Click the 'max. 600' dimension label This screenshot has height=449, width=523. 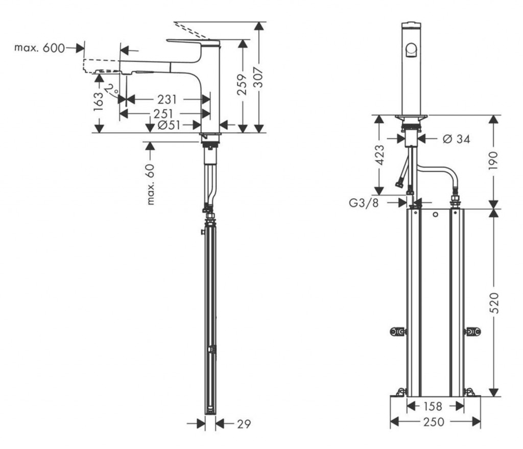[39, 48]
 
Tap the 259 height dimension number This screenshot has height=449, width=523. [243, 84]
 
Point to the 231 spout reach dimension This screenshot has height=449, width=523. [167, 100]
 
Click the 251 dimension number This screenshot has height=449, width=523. [163, 114]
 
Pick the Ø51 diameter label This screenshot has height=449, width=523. [169, 126]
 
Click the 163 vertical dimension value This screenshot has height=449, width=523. [99, 102]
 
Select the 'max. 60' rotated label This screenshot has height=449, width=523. [151, 184]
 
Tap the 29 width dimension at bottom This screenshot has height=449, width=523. [244, 424]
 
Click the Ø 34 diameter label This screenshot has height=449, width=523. [456, 139]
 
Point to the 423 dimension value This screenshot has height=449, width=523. [379, 155]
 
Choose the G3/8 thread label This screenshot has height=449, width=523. [364, 203]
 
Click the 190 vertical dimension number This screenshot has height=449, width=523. [493, 160]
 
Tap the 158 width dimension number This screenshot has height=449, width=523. [433, 406]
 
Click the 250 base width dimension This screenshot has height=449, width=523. [434, 422]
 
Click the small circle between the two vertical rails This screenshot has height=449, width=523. [435, 215]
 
